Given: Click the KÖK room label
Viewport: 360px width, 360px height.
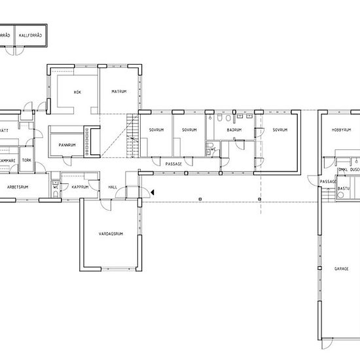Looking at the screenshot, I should coord(77,92).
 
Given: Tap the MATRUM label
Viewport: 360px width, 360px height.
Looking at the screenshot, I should coord(118,91).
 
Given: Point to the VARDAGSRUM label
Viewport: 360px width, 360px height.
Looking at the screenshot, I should coord(111,234).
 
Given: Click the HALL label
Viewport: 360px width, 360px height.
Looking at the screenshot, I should coord(113,187).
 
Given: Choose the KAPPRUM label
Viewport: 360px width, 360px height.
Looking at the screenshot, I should coord(81,187).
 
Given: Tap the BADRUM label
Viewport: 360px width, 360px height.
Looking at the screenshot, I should coord(234,130).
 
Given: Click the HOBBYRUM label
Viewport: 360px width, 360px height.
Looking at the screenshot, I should coord(342,130).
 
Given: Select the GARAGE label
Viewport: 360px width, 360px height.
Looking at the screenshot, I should coord(342,268).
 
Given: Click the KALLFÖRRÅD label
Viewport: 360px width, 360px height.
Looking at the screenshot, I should coord(31,35).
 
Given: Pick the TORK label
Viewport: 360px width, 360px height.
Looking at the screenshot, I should coord(27,160).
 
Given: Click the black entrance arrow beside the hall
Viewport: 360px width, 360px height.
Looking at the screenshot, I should coord(152,192).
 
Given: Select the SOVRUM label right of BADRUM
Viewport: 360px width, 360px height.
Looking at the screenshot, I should coord(280,130).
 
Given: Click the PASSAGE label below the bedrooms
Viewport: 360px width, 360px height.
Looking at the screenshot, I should coord(173,164).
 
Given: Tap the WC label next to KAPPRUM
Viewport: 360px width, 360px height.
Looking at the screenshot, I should coord(55,187).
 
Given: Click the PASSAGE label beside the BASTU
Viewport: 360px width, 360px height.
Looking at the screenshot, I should coord(328,181).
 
